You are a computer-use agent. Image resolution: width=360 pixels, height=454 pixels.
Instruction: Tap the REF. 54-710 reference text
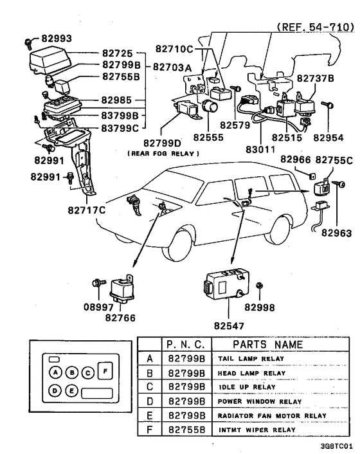coord(315,27)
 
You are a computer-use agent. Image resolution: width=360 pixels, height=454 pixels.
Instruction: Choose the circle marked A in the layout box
coord(57,372)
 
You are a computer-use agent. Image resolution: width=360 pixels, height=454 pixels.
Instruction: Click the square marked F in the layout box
coord(105,371)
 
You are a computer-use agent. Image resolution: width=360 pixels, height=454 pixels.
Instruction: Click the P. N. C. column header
coord(185,344)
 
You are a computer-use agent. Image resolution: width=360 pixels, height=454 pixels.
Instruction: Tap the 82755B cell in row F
coord(186,429)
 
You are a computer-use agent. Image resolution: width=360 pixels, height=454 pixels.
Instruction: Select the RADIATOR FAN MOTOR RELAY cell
coord(270,415)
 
